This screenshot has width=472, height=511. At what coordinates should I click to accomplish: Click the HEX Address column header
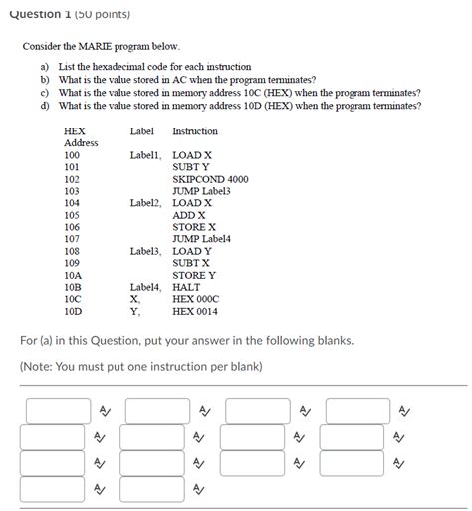coord(80,136)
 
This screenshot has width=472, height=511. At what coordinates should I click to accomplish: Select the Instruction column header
coord(194,131)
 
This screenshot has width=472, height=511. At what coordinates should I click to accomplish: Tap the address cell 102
coord(72,179)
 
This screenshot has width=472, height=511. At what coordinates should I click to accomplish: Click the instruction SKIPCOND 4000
coord(210,179)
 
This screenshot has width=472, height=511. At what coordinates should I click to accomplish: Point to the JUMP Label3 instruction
coord(201,191)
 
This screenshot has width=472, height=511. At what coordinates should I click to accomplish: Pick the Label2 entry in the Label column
coord(145,203)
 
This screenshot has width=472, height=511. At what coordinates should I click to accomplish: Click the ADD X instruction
coord(189,215)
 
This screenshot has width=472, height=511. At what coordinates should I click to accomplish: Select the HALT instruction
coord(187,286)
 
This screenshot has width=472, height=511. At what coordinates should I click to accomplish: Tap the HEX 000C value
coord(195,298)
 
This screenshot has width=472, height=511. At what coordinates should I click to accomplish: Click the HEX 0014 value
coord(195,310)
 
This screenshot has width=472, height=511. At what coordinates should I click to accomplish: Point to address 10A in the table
coord(72,274)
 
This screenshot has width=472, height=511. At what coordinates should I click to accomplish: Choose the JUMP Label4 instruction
coord(201,239)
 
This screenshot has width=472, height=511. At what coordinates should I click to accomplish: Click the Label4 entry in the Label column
coord(145,286)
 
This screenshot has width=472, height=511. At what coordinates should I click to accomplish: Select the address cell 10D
coord(72,310)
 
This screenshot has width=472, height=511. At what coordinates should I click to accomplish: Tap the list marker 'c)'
coord(44,91)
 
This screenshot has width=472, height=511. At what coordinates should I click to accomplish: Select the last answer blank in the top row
coord(356,410)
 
